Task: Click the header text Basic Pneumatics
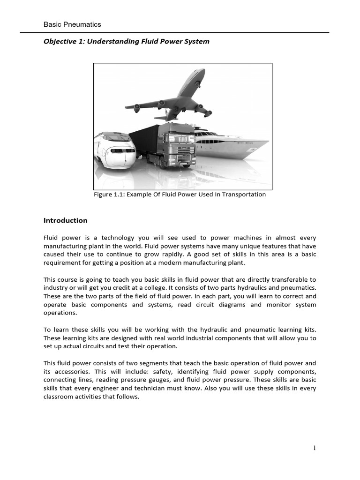click(x=72, y=24)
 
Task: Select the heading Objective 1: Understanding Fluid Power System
click(x=126, y=41)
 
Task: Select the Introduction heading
click(x=65, y=220)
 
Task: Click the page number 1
click(x=315, y=448)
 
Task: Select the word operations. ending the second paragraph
click(x=60, y=313)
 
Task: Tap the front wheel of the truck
click(x=162, y=164)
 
